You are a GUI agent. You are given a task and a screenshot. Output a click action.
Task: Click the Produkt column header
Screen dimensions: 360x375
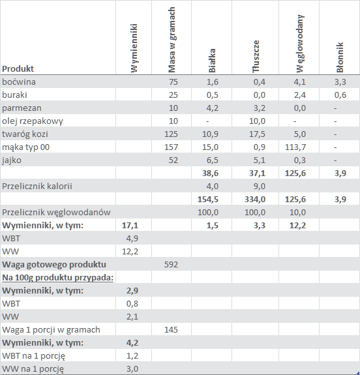click(x=18, y=69)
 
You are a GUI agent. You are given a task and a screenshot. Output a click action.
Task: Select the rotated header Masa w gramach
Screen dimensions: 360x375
click(x=172, y=40)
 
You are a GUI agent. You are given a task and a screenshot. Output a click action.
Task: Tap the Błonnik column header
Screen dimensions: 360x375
click(x=340, y=57)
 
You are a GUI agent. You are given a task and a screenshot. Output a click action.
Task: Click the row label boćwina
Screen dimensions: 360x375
click(x=19, y=82)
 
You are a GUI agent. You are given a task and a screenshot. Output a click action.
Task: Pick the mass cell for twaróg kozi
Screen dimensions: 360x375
click(x=171, y=134)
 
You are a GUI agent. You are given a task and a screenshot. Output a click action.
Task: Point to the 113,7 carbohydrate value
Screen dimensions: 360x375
click(x=295, y=147)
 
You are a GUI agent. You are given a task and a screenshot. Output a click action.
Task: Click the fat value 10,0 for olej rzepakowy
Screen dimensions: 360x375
click(x=257, y=121)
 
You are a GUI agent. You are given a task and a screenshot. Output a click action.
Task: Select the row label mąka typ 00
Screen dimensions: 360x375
click(x=26, y=147)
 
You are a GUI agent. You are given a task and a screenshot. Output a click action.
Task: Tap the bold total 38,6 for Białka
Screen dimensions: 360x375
click(x=210, y=173)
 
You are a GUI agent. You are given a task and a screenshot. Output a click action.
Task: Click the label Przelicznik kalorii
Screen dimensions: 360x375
click(x=37, y=187)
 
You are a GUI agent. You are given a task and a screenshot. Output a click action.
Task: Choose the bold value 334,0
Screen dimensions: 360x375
click(x=255, y=199)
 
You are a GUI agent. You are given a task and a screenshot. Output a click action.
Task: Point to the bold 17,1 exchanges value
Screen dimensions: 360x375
click(x=130, y=225)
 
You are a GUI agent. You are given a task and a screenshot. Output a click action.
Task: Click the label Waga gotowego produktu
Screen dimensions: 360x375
click(x=54, y=265)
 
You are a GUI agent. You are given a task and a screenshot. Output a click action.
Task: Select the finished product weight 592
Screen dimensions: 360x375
click(x=171, y=265)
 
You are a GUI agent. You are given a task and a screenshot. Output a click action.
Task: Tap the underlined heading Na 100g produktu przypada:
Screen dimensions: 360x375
click(x=57, y=278)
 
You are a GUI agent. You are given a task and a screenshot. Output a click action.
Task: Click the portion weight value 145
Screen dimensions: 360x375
click(x=171, y=330)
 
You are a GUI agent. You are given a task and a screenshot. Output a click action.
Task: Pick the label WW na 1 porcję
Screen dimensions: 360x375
click(x=33, y=369)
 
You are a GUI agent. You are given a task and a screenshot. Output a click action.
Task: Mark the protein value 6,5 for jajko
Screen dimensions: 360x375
click(x=213, y=160)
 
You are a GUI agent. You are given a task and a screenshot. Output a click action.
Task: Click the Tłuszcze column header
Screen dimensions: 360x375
click(x=256, y=57)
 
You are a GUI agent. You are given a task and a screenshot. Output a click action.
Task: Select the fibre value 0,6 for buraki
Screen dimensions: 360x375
click(x=340, y=95)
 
